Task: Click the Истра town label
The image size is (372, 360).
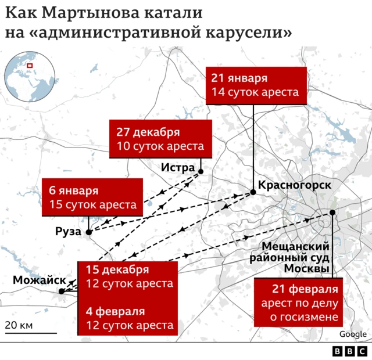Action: coord(178,168)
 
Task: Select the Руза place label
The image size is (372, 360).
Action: coord(68,232)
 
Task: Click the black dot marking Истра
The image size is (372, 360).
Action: coord(201,171)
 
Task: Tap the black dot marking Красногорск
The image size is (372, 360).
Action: coord(253,192)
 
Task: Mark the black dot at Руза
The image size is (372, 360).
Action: coord(88,232)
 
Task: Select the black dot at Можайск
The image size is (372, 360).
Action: coord(62,291)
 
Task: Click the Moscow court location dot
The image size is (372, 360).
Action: coord(332,213)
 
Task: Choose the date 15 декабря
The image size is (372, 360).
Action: coord(117,269)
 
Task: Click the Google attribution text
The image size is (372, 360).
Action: coord(353,334)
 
